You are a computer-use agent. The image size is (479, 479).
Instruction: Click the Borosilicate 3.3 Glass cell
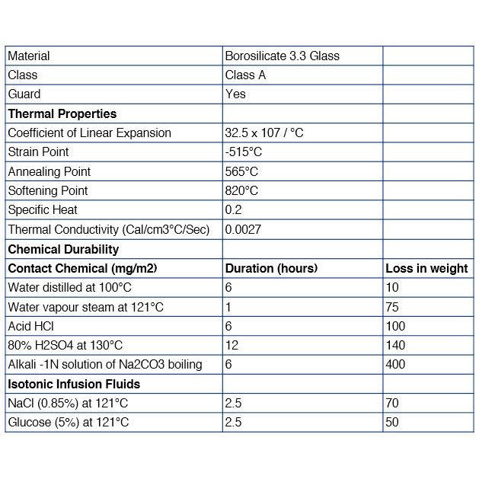point(283,56)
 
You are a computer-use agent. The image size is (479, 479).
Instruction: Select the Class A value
point(245,75)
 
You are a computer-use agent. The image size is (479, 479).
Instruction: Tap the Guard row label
point(24,94)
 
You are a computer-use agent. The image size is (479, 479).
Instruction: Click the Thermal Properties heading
point(62,113)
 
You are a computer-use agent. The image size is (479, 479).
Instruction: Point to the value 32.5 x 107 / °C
point(264,133)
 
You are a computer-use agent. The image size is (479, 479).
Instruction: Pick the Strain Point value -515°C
point(244,152)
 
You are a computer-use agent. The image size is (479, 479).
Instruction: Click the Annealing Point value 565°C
point(241,171)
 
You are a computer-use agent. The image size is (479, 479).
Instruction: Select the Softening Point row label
point(48,190)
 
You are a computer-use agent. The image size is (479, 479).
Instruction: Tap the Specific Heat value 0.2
point(233,209)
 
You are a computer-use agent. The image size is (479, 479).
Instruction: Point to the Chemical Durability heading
point(63,249)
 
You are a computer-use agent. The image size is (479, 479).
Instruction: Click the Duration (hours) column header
point(271,268)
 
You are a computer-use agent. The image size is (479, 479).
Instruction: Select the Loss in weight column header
point(426,268)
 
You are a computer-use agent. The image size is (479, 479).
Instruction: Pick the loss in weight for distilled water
point(392,287)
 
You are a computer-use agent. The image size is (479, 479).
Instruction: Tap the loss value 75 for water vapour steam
point(392,307)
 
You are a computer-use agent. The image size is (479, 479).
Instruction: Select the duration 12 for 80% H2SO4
point(232,345)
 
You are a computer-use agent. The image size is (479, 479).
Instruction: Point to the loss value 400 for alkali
point(395,364)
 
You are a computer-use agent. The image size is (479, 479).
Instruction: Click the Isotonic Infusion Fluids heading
point(74,384)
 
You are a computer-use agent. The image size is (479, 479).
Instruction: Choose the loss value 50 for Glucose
point(392,422)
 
